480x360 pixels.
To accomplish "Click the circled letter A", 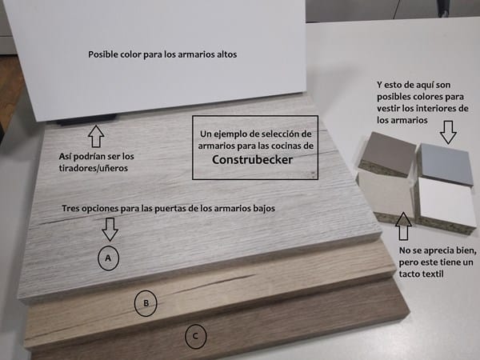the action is [108, 258].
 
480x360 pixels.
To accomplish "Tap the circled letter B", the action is [146, 303].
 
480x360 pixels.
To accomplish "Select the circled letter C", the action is [196, 337].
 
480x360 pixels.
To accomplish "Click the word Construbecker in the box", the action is [252, 160].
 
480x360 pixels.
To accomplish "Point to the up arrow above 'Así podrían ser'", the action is [96, 136].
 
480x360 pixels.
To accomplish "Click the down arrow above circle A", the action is [110, 229].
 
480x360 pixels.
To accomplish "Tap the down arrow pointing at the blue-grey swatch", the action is [448, 132].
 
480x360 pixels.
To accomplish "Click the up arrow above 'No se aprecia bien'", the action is [403, 228].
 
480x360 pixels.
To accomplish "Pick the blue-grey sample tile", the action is [445, 164].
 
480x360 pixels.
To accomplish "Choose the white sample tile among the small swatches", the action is [446, 202].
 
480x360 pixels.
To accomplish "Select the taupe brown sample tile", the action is [388, 154].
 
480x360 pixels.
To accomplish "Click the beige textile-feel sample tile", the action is [386, 194].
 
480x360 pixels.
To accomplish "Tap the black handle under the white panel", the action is [87, 120].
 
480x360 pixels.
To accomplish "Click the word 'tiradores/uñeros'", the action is [94, 168].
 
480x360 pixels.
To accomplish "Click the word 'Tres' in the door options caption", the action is [71, 209].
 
